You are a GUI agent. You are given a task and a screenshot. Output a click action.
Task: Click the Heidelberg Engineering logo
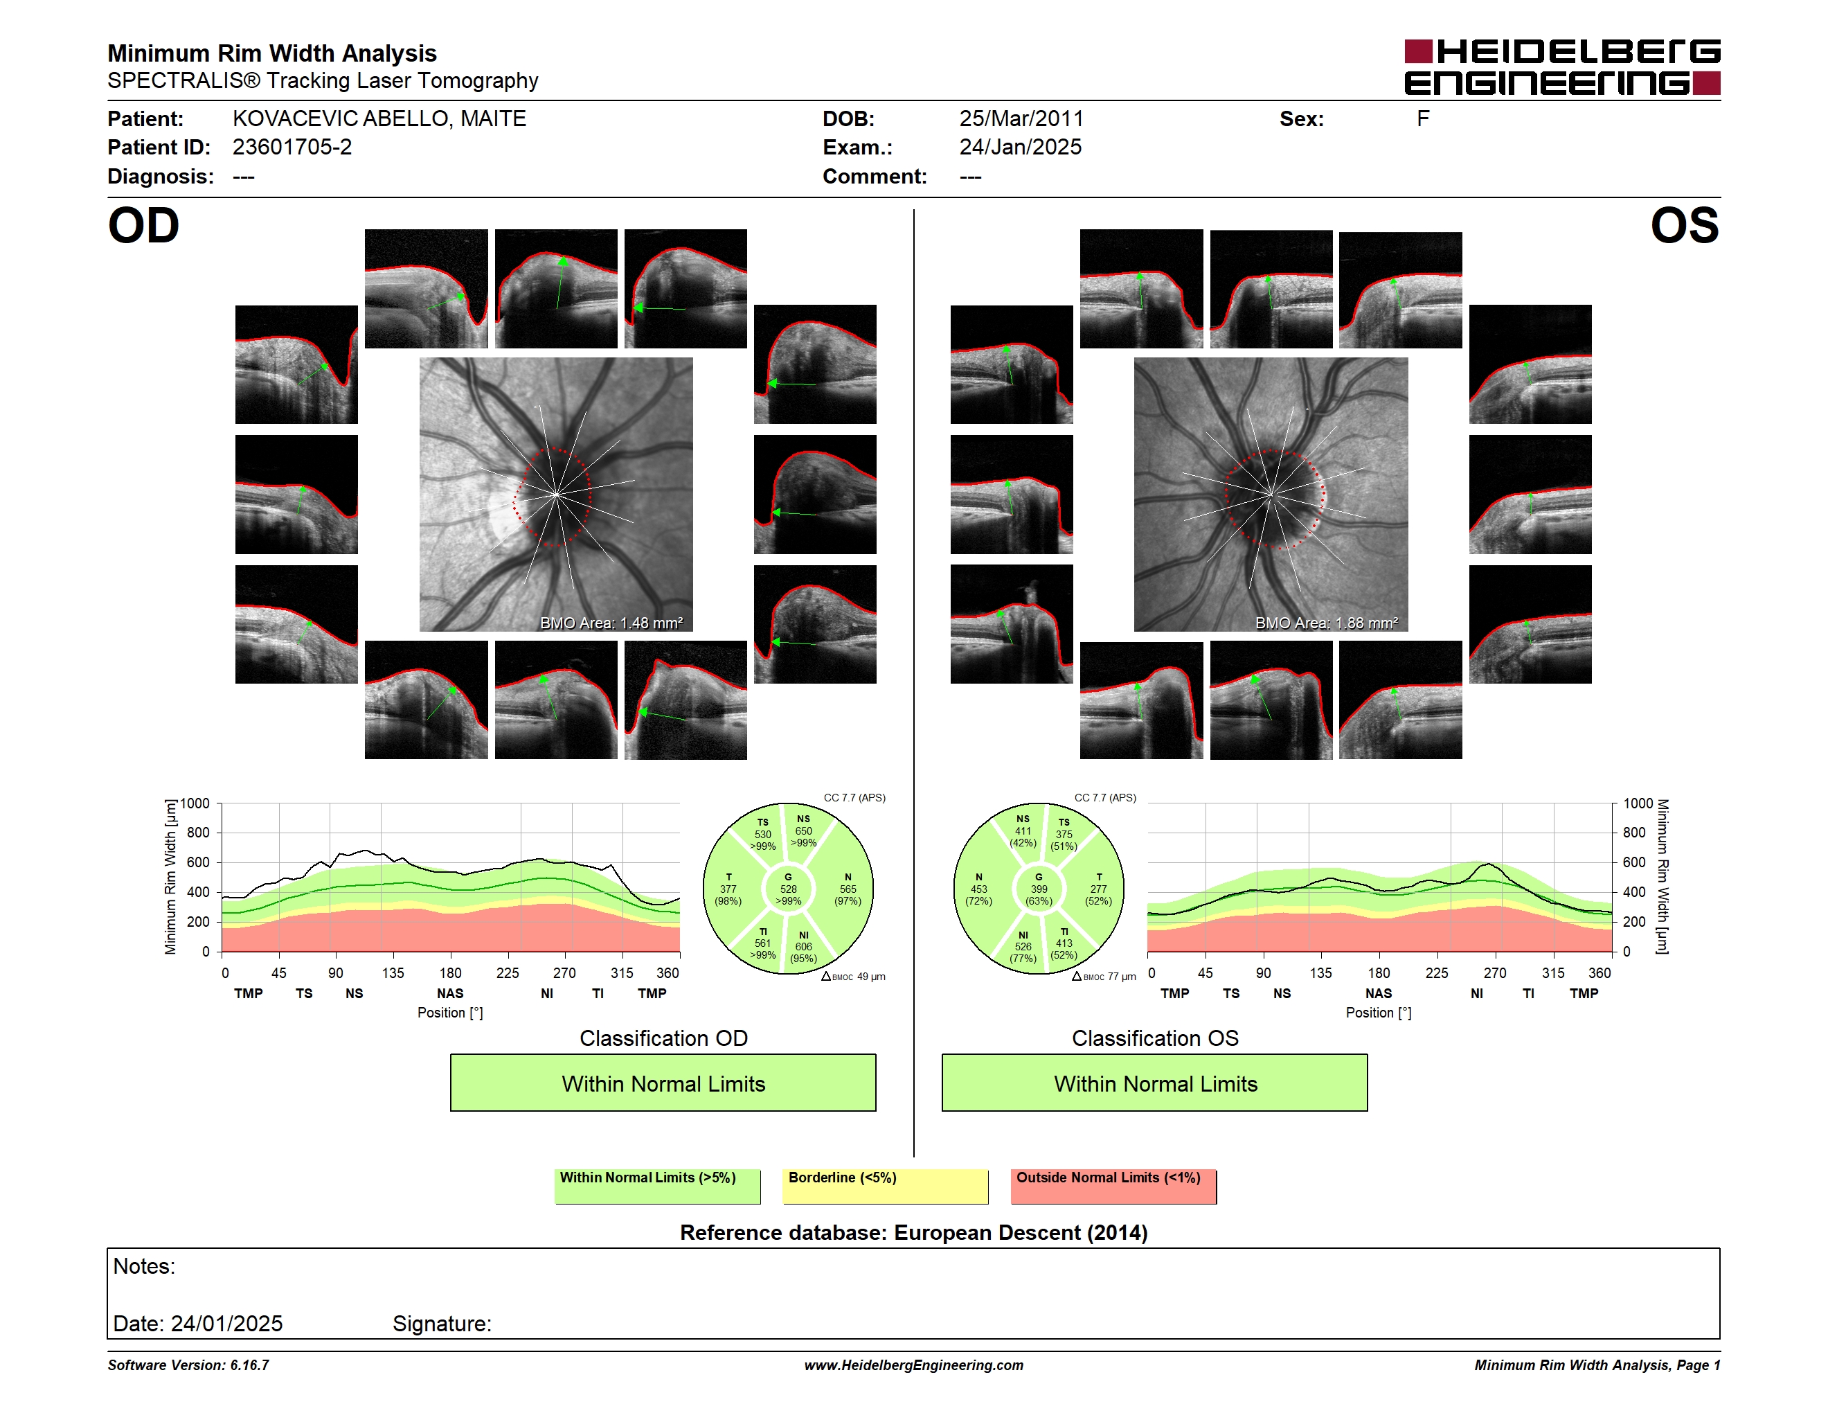[1562, 67]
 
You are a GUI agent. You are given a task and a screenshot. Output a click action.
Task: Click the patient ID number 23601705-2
[292, 148]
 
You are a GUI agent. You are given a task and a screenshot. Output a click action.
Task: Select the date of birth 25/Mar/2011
[1021, 119]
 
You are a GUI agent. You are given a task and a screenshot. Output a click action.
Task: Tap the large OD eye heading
[144, 225]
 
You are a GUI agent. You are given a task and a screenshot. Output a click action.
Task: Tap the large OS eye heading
[1684, 225]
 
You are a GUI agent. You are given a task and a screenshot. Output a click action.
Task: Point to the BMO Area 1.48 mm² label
[611, 623]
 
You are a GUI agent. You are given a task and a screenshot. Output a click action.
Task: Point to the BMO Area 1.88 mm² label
[1327, 623]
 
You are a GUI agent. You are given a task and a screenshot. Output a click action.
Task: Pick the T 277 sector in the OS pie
[1097, 889]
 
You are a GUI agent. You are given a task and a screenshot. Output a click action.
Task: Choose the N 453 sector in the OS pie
[979, 889]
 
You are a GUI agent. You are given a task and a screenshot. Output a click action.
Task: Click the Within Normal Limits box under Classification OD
[663, 1083]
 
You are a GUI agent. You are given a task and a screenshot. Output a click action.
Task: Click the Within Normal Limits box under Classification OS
[1155, 1083]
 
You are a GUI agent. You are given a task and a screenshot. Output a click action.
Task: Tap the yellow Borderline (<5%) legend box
[886, 1186]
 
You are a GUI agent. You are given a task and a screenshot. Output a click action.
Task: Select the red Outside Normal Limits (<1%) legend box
[1113, 1186]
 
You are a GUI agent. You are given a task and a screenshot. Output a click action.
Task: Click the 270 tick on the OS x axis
[1495, 972]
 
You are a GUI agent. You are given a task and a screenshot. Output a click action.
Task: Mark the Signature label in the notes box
[442, 1324]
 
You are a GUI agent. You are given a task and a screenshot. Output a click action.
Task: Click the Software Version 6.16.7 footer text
[188, 1365]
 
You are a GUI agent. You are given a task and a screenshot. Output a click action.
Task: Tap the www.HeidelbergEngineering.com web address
[914, 1365]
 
